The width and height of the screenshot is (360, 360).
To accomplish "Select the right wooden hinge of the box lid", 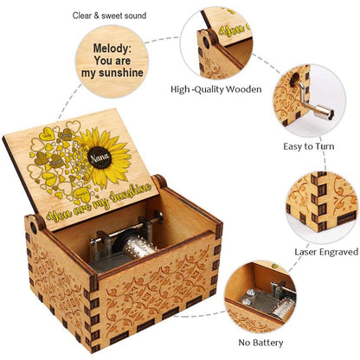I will point(158,183).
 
